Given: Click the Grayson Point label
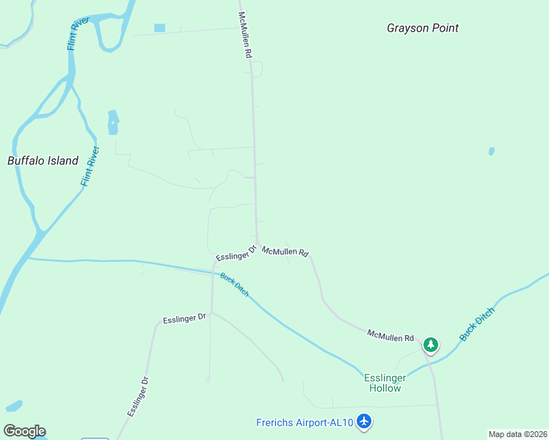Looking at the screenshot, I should coord(423,28).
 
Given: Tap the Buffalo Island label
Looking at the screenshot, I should coord(43,161).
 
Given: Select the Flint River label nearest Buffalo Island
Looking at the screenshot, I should coord(90,166).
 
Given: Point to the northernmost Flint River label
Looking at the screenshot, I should coord(79,33).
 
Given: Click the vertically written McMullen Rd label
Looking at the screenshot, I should coord(245,34).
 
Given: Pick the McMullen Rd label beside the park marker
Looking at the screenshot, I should coord(391,336).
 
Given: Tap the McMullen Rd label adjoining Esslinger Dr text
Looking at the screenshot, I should coord(286,252).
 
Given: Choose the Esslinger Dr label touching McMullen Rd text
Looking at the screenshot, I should coord(235,254).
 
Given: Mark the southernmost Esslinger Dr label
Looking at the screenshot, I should coord(138,397).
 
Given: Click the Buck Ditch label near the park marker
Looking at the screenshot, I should coord(478,324).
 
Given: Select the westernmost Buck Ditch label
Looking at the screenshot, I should coord(235,285).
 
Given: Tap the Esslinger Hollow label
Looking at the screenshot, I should coord(383,383).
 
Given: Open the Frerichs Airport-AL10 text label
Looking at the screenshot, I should coord(305,422).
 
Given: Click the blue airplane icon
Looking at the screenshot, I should coord(365,422).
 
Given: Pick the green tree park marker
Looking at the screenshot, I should coord(431,344).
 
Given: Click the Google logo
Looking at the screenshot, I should coord(24,431).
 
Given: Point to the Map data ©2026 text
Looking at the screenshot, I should coord(517,434).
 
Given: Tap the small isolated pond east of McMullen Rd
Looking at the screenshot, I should coord(491,152).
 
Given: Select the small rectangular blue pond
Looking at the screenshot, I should coord(160,28).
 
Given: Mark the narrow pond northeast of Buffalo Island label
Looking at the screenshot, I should coord(113,122).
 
